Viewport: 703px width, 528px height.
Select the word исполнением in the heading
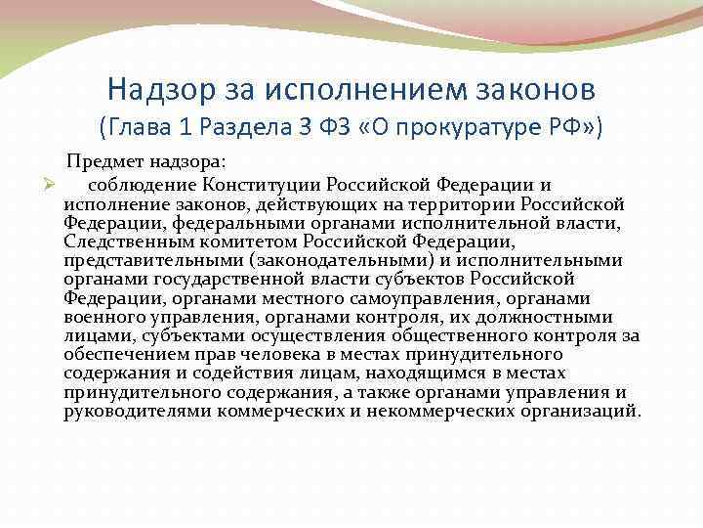(x=357, y=90)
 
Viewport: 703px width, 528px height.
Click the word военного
(x=103, y=317)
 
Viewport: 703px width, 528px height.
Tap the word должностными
(x=554, y=317)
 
